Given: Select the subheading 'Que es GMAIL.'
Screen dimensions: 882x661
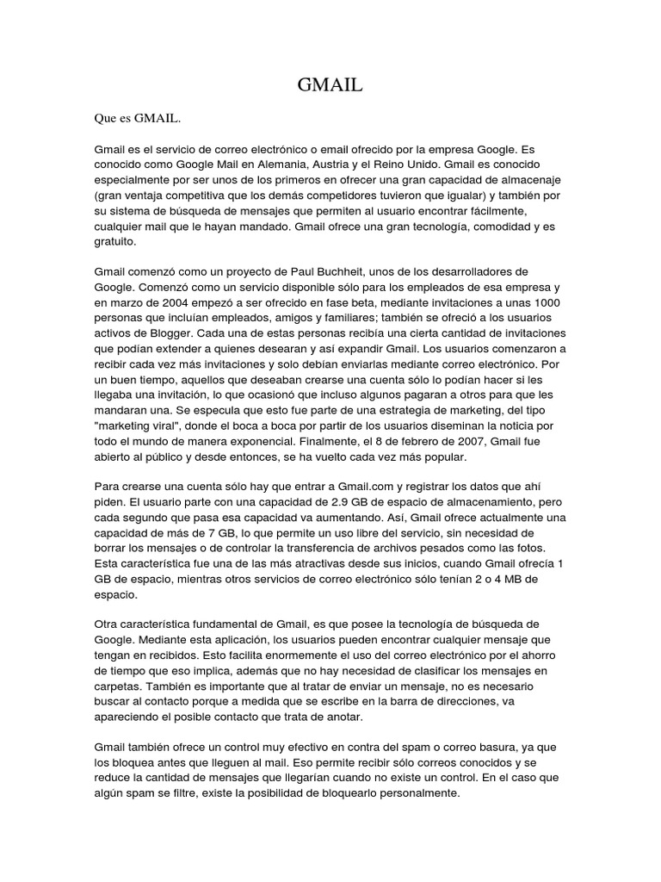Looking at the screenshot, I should (138, 116).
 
